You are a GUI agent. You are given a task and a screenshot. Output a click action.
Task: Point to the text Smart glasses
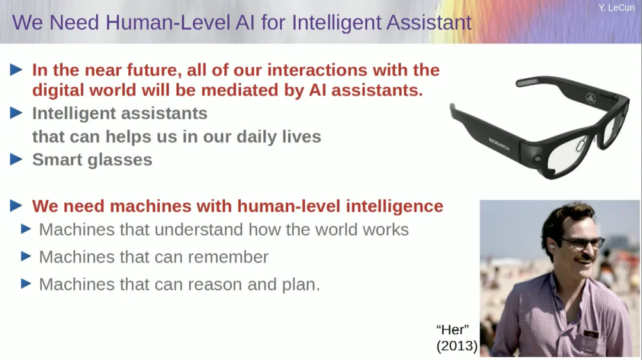(x=92, y=160)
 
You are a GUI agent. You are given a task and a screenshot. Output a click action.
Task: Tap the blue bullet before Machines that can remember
(x=26, y=257)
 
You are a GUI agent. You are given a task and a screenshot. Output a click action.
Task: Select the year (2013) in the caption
(x=456, y=347)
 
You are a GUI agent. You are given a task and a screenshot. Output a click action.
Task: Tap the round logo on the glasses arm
(x=591, y=98)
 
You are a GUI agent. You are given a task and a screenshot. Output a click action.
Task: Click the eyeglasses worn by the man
(x=580, y=243)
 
